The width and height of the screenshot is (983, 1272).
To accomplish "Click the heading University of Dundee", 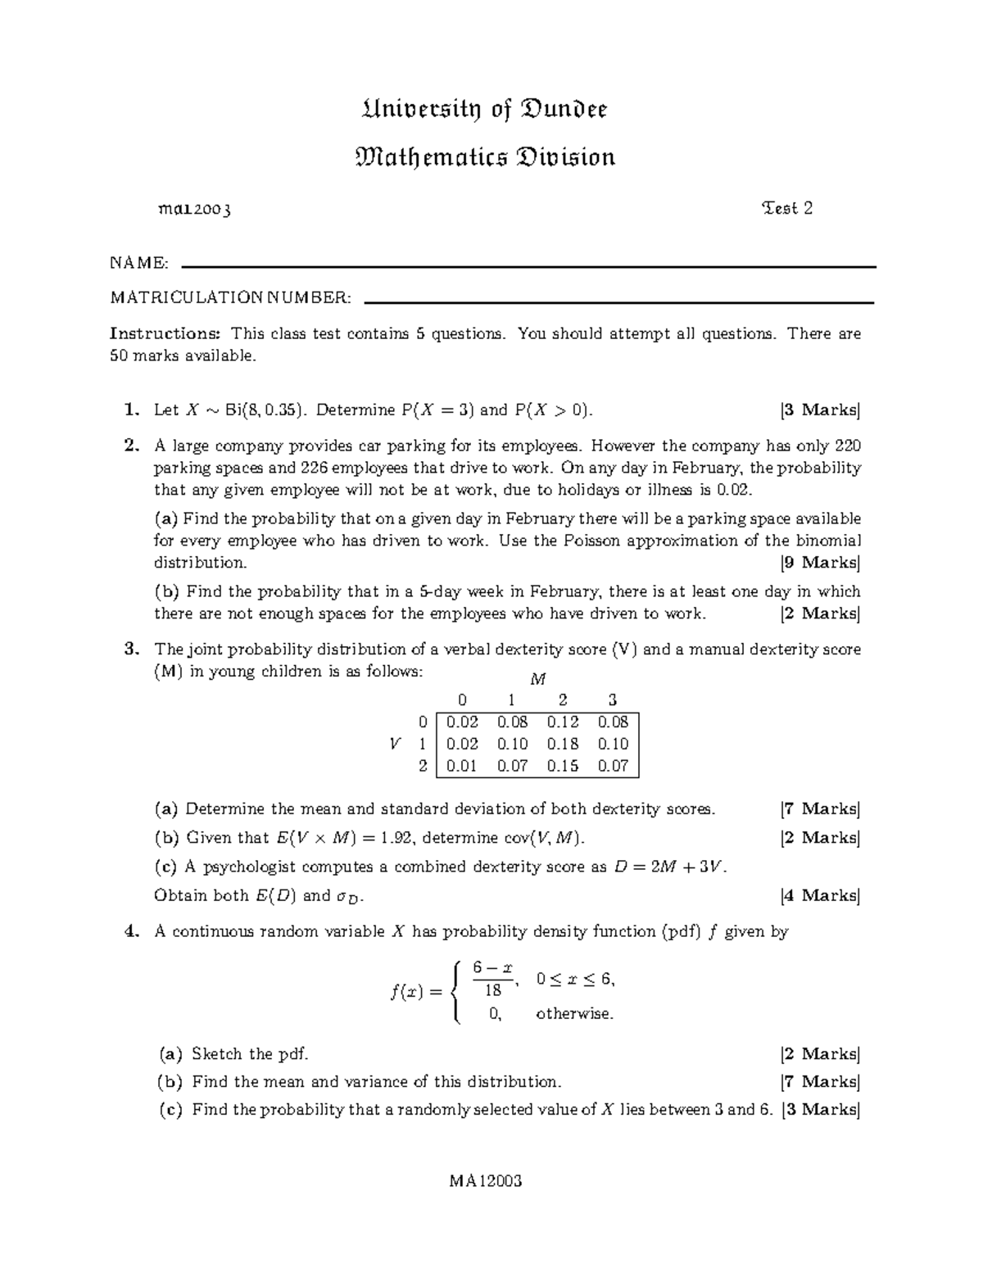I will [485, 110].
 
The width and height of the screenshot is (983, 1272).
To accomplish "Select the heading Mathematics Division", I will [485, 157].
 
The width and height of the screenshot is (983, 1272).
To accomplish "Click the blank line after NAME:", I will [528, 267].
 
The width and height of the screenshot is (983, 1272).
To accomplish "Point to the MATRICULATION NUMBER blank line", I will [618, 302].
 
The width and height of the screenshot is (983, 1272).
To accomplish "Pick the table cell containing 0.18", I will [563, 744].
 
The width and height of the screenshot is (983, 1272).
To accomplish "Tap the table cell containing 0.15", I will [563, 766].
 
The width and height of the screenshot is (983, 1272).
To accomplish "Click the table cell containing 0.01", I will [462, 766].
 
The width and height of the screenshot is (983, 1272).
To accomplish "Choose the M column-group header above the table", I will [537, 679].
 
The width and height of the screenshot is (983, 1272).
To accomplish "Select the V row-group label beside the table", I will [396, 744].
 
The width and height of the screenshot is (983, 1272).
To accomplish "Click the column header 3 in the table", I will [613, 700].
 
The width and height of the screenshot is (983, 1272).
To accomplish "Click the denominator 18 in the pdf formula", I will [493, 989].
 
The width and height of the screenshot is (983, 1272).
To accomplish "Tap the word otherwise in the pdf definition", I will [574, 1014].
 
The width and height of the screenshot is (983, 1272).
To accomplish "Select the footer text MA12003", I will [485, 1181].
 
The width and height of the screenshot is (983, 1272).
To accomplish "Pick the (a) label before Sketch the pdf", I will [170, 1054].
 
